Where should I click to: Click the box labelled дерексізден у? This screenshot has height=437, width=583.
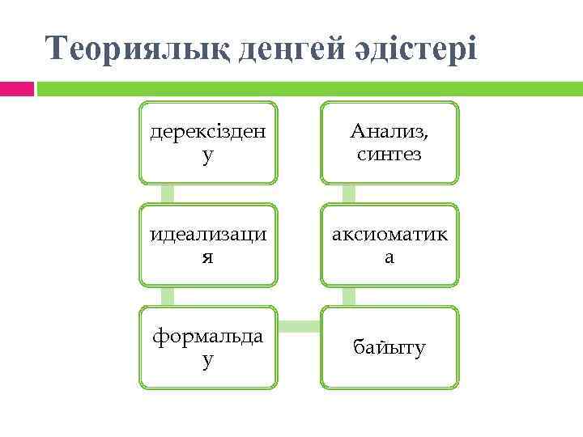(208, 142)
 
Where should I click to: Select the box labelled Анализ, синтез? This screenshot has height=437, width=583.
(389, 142)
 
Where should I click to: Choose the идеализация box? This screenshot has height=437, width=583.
(208, 245)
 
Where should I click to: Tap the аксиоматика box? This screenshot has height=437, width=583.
(389, 245)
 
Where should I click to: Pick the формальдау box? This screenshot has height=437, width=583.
(208, 347)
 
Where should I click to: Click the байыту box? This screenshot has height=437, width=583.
(389, 347)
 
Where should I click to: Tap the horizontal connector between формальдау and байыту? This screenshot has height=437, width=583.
(299, 326)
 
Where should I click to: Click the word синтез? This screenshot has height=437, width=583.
(389, 154)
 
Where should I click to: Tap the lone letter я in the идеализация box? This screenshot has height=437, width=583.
(208, 257)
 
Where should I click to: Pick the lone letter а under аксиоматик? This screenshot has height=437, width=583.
(389, 257)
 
